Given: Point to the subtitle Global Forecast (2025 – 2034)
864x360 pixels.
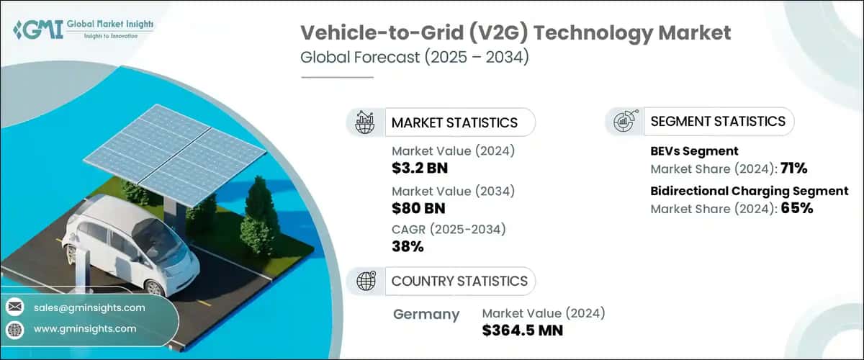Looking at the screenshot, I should [x=415, y=58].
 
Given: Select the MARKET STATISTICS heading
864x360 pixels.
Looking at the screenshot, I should [x=454, y=122].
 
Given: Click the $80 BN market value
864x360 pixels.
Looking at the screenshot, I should [x=418, y=209].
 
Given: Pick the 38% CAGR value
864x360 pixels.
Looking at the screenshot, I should [x=408, y=247].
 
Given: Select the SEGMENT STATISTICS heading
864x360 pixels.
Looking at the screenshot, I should [x=718, y=121].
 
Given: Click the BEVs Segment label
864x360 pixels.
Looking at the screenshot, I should [x=694, y=151].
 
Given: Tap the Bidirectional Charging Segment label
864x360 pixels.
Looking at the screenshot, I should [x=750, y=191].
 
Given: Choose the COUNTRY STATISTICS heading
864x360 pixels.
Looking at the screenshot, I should [x=459, y=281].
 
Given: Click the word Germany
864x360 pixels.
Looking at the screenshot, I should [x=426, y=314].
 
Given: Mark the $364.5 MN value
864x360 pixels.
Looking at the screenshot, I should [x=522, y=330].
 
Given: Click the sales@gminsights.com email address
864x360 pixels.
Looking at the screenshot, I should [x=89, y=307].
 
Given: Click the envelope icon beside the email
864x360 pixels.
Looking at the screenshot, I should [x=14, y=307].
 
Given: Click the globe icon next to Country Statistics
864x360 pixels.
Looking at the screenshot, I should [x=366, y=281].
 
